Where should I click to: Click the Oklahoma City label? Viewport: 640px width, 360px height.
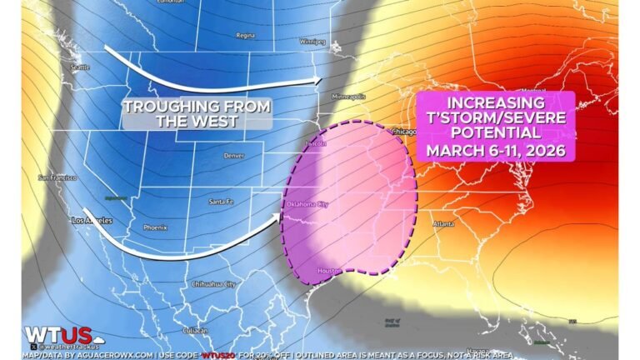coord(307,203)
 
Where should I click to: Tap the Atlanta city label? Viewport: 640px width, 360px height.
coord(443,223)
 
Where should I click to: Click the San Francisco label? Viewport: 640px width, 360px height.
coord(57,177)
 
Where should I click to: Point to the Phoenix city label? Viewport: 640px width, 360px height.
coord(155,227)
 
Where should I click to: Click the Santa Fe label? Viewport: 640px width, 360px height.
coord(221,202)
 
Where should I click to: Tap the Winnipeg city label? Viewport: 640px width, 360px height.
coord(312,40)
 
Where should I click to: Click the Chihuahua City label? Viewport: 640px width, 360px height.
coord(214,284)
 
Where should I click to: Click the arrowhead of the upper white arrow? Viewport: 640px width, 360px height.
coord(317,81)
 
